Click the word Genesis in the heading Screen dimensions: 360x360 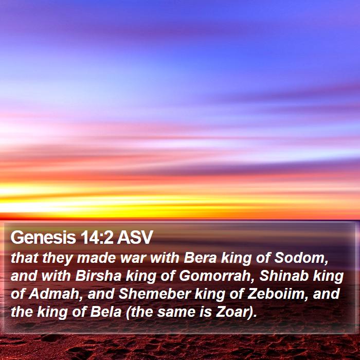(x=43, y=238)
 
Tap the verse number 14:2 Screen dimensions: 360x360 (x=97, y=238)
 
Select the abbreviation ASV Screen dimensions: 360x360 (x=135, y=238)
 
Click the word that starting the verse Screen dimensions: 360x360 (x=24, y=258)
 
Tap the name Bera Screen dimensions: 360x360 (x=200, y=258)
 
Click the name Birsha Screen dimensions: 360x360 (x=98, y=276)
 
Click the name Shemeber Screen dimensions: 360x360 (x=155, y=294)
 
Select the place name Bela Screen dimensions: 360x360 (x=105, y=312)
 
